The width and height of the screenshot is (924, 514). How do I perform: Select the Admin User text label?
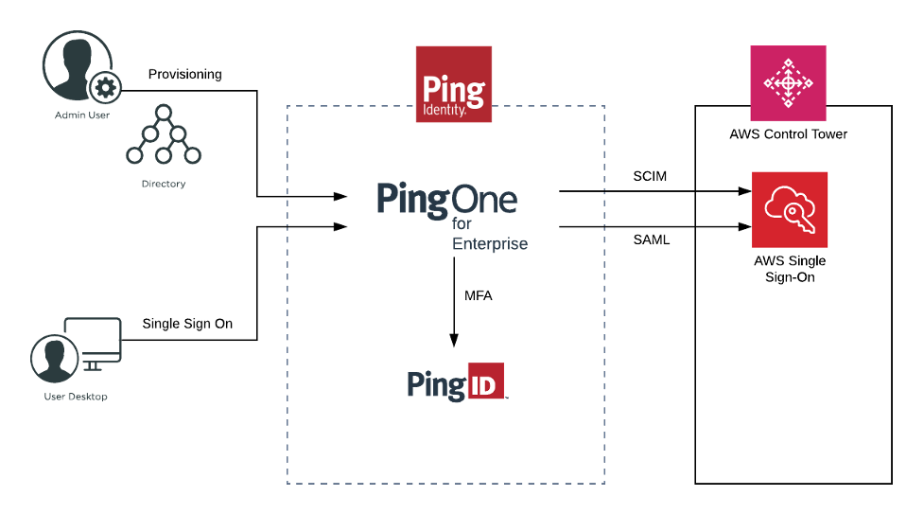pyautogui.click(x=81, y=115)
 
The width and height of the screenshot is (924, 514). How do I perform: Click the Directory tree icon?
pyautogui.click(x=164, y=138)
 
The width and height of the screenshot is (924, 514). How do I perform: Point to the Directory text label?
pyautogui.click(x=164, y=184)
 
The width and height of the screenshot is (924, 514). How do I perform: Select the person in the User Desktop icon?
pyautogui.click(x=54, y=358)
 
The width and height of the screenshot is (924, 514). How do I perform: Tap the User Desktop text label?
pyautogui.click(x=76, y=397)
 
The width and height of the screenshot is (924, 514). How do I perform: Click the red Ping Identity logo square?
pyautogui.click(x=454, y=84)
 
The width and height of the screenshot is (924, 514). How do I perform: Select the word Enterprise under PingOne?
pyautogui.click(x=490, y=244)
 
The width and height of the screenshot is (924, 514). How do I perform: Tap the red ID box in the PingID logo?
pyautogui.click(x=487, y=381)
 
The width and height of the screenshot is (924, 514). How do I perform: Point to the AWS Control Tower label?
pyautogui.click(x=788, y=134)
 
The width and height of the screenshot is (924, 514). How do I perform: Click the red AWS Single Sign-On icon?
pyautogui.click(x=790, y=210)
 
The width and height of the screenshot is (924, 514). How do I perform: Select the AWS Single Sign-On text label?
pyautogui.click(x=790, y=269)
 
